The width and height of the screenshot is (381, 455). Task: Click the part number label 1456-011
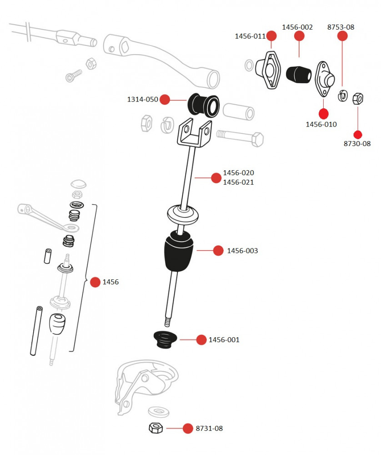tap(250, 36)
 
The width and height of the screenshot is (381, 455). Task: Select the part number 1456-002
tap(297, 27)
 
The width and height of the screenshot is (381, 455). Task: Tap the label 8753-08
tap(341, 27)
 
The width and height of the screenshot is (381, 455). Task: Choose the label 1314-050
tap(142, 99)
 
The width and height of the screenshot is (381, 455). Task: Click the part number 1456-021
tap(238, 182)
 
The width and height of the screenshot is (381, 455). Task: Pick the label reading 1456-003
tap(242, 251)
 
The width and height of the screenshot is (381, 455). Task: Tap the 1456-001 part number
tap(224, 340)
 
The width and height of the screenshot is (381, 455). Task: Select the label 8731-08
tap(209, 429)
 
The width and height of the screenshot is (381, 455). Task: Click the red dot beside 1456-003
tap(218, 250)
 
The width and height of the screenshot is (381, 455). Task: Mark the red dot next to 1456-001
tap(201, 339)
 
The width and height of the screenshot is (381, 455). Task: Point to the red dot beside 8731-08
tap(188, 428)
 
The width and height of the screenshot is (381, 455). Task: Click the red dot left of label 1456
tap(95, 282)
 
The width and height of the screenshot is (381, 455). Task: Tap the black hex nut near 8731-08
tap(156, 428)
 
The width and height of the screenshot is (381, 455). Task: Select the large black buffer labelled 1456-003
tap(179, 253)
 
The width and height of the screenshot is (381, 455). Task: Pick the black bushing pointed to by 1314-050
tap(203, 105)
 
